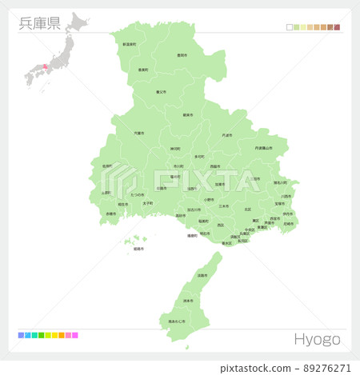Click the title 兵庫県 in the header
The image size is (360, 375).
click(x=38, y=22)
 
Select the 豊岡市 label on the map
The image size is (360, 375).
click(x=182, y=55)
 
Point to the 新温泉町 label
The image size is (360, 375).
click(x=129, y=46)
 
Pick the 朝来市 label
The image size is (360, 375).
click(x=188, y=115)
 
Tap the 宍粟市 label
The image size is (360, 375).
click(x=139, y=133)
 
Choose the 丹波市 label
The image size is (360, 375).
click(x=227, y=135)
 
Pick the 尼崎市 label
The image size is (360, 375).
click(x=288, y=223)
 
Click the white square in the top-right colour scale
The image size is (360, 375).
click(x=289, y=27)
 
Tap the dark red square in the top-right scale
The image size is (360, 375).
click(x=337, y=27)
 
